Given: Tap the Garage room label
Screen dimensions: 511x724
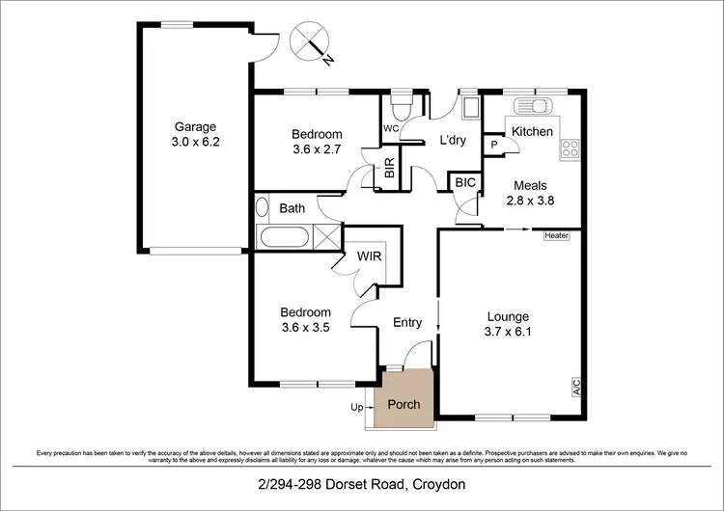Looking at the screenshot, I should click(x=195, y=126).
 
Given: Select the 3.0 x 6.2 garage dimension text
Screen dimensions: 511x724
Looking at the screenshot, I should click(x=195, y=142).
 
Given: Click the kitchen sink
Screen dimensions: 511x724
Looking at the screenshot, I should click(x=531, y=107).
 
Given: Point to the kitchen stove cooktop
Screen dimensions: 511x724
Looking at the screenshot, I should click(x=570, y=148).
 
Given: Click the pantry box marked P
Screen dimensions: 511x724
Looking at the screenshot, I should click(x=494, y=145).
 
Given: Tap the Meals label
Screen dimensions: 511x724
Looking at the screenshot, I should click(x=531, y=185).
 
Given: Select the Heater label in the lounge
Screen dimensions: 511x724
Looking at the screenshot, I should click(x=556, y=235).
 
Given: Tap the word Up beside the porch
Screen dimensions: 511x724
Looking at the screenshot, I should click(x=356, y=408).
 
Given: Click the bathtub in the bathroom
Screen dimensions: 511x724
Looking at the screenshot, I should click(x=286, y=235).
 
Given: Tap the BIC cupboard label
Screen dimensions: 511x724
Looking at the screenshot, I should click(x=464, y=181).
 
